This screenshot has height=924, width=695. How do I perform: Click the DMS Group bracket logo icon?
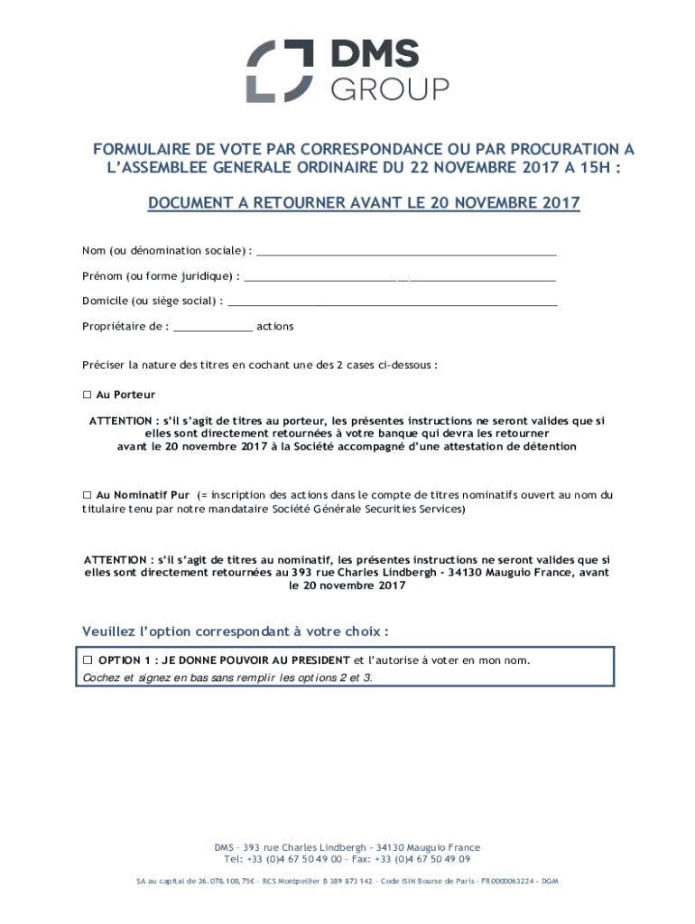coord(281,71)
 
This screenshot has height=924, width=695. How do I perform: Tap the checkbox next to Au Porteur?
coord(88,394)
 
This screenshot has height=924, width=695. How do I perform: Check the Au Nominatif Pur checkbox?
coord(88,494)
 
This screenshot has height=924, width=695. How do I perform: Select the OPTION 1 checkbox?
coord(88,660)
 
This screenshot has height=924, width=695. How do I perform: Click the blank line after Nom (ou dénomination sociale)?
coord(406,250)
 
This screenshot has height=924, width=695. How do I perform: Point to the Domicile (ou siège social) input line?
coord(392,300)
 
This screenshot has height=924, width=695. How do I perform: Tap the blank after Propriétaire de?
coord(212,327)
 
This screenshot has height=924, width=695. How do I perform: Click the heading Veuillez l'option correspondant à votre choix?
coord(236,630)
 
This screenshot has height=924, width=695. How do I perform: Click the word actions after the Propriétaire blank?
coord(274,327)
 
